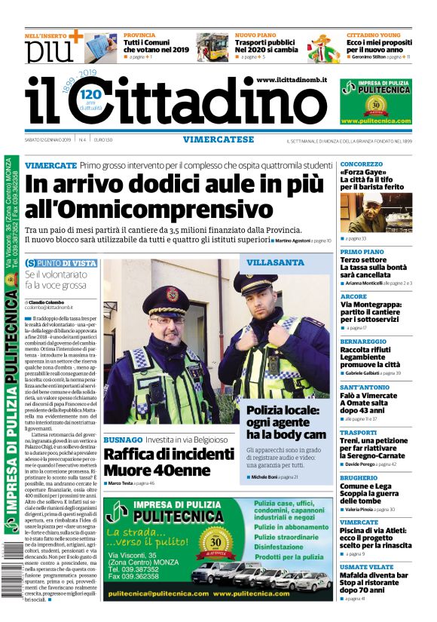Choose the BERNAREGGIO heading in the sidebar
[364, 342]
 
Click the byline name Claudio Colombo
[47, 302]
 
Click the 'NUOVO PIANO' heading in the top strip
[256, 35]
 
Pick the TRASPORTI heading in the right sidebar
[358, 433]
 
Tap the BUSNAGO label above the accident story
[122, 439]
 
